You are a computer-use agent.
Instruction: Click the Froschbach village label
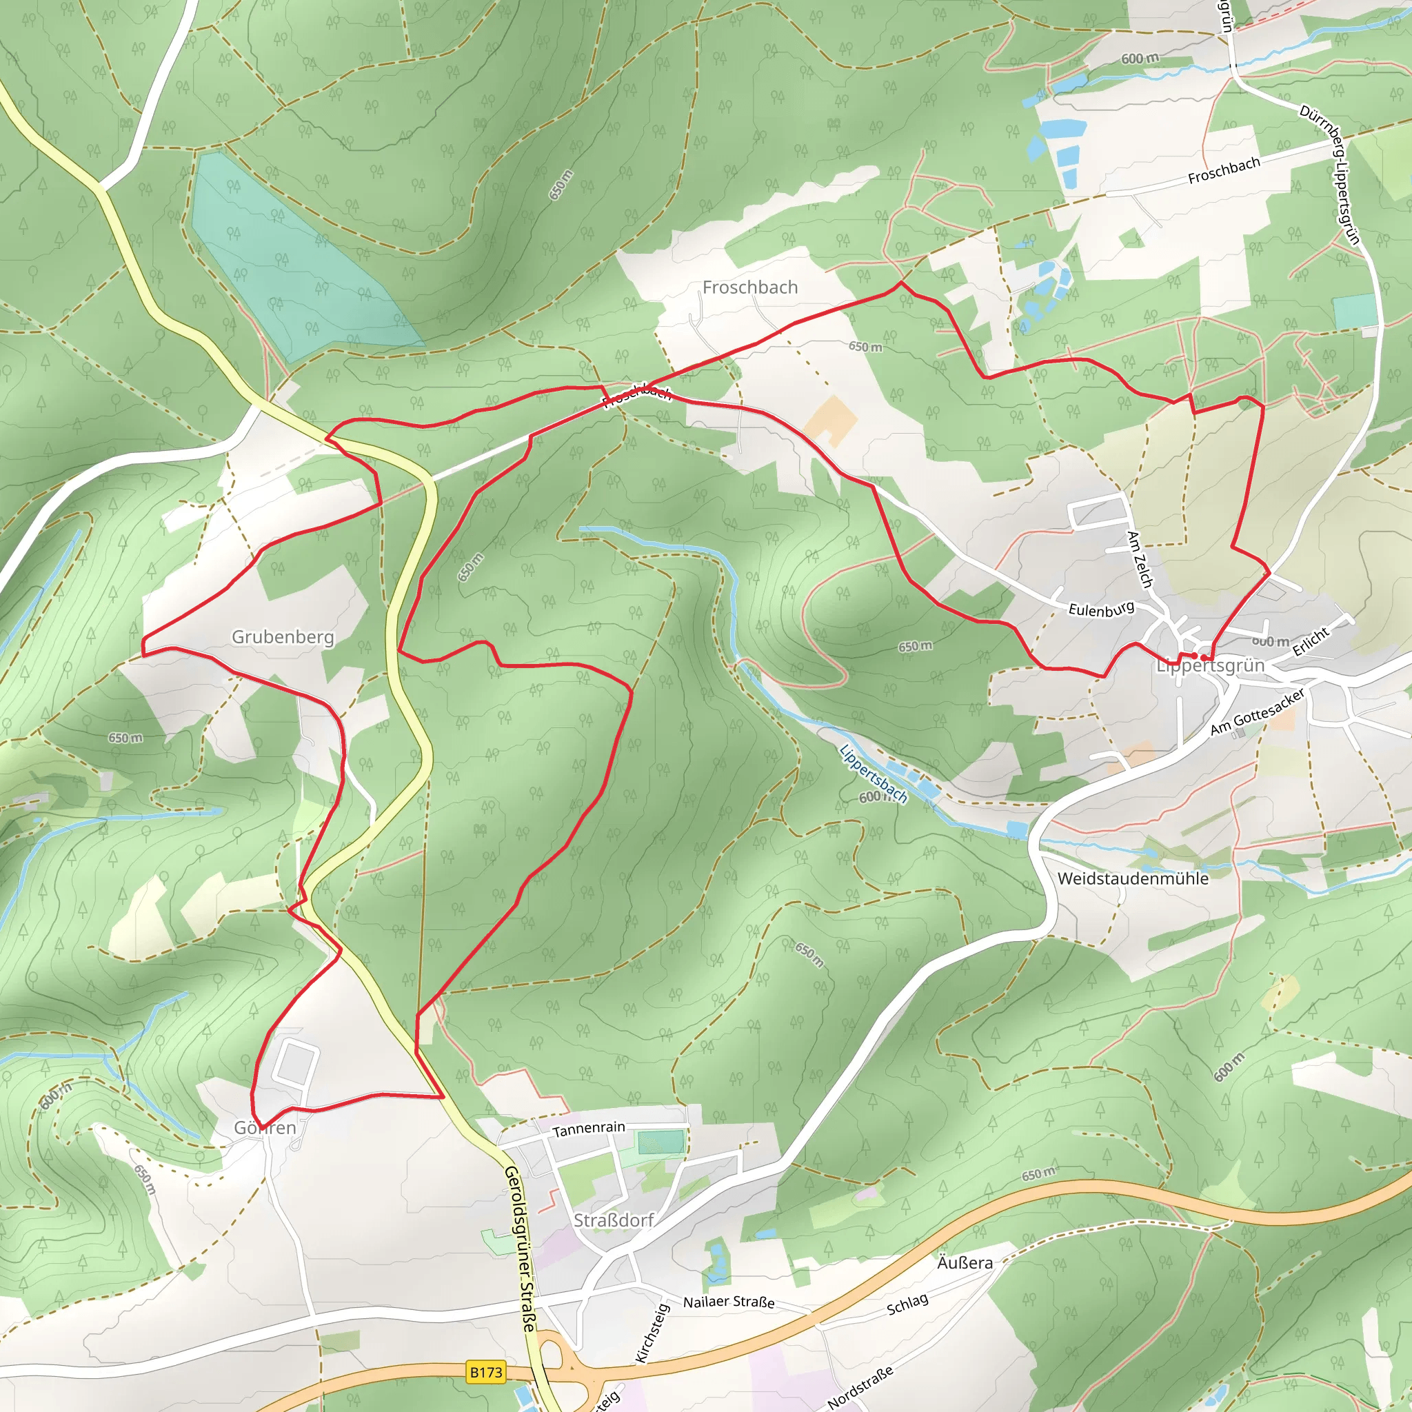tap(750, 288)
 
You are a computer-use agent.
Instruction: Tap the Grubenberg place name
tap(283, 636)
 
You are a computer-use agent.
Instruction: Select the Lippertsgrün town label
tap(1210, 666)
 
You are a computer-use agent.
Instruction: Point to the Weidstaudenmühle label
tap(1133, 878)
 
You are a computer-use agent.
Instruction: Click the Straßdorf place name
tap(613, 1220)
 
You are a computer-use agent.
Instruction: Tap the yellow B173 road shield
tap(486, 1372)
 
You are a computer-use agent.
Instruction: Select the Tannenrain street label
tap(588, 1129)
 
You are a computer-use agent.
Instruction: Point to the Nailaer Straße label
tap(729, 1302)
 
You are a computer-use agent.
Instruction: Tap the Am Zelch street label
tap(1140, 560)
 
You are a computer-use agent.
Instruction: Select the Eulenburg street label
tap(1100, 609)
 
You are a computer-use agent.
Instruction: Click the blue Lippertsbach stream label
tap(874, 774)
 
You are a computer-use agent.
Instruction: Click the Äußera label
tap(965, 1263)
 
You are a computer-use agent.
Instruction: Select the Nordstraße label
tap(860, 1386)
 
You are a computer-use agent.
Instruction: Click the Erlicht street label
tap(1311, 642)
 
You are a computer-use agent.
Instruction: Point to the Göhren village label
tap(265, 1128)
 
